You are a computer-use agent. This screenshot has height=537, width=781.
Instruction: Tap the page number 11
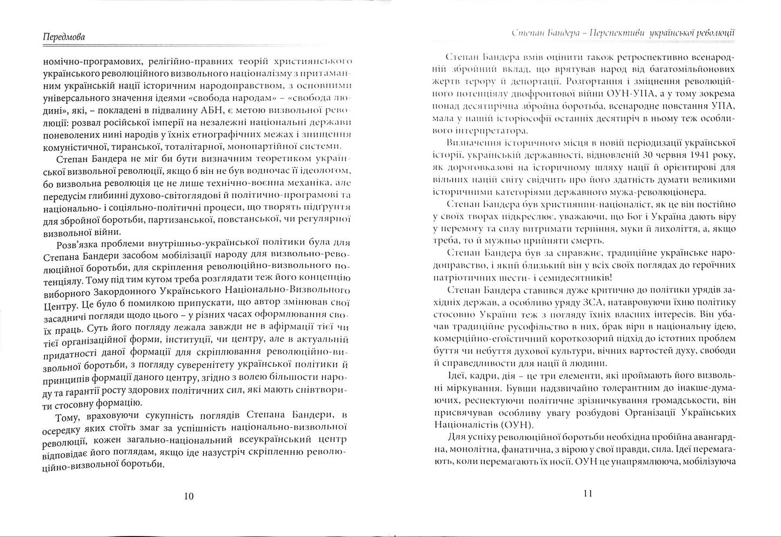pyautogui.click(x=589, y=493)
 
